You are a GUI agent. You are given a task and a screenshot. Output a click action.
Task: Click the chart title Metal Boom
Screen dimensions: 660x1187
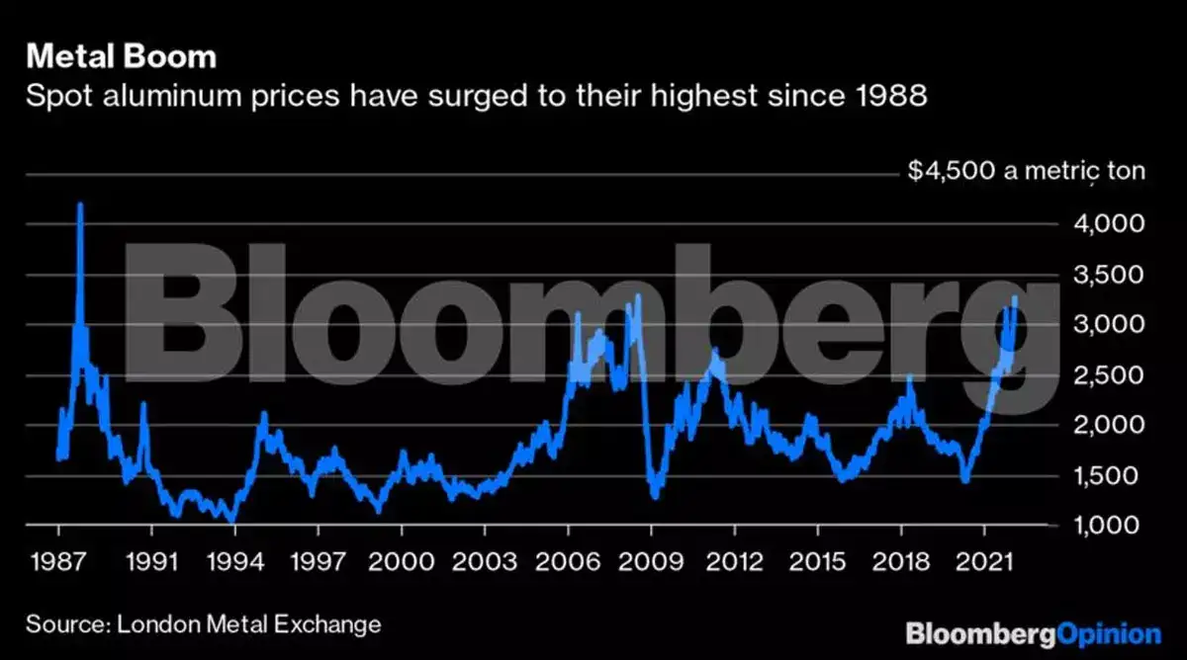pos(120,57)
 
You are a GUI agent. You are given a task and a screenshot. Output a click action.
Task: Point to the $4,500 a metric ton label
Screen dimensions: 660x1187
pos(1026,171)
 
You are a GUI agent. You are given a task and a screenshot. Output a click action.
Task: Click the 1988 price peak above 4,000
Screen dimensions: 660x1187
pos(80,206)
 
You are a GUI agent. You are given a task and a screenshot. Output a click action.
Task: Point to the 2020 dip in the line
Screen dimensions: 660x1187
pos(965,480)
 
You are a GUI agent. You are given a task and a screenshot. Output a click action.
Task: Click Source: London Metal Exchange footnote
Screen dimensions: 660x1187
pos(203,624)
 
